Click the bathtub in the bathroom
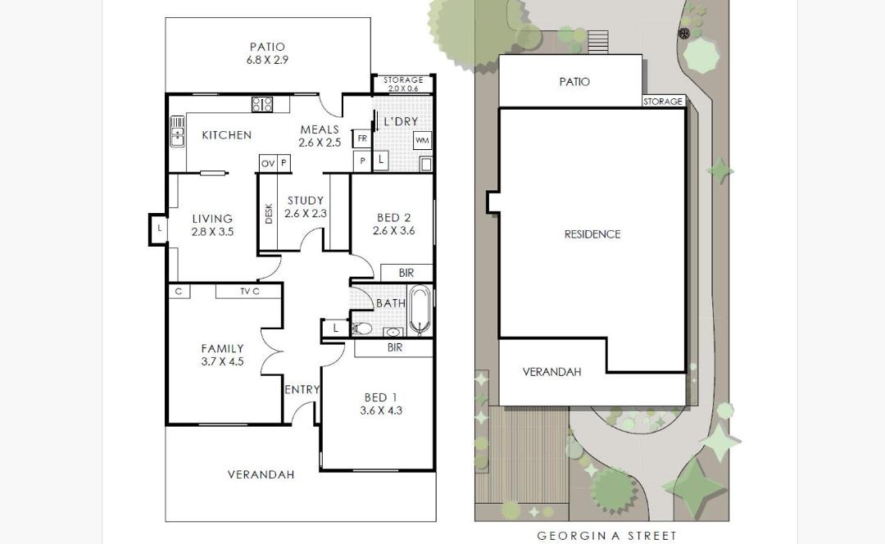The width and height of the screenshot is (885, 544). (x=420, y=310)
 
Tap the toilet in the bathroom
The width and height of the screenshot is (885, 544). (x=362, y=328)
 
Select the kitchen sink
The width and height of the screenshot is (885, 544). (x=177, y=131)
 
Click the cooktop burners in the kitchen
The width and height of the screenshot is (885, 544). (x=262, y=104)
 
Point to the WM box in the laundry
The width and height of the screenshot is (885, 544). (x=422, y=141)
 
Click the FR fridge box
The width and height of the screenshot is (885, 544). (x=362, y=138)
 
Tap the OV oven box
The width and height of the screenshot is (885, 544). (x=267, y=163)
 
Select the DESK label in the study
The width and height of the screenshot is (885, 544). (x=269, y=213)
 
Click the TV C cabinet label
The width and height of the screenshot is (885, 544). (x=249, y=291)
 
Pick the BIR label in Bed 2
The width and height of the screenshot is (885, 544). (x=406, y=273)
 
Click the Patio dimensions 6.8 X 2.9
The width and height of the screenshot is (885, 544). (x=267, y=60)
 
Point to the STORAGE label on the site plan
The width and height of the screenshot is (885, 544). (x=663, y=102)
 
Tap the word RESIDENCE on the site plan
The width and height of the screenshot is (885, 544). (x=592, y=234)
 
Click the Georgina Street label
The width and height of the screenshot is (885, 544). (x=606, y=536)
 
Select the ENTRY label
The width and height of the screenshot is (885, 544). (x=302, y=389)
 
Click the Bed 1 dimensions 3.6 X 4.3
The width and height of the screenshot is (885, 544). (x=381, y=410)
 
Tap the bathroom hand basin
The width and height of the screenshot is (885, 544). (x=393, y=332)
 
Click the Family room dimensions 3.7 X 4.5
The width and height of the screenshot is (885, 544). (x=222, y=362)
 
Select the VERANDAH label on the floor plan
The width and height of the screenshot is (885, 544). (x=261, y=474)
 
